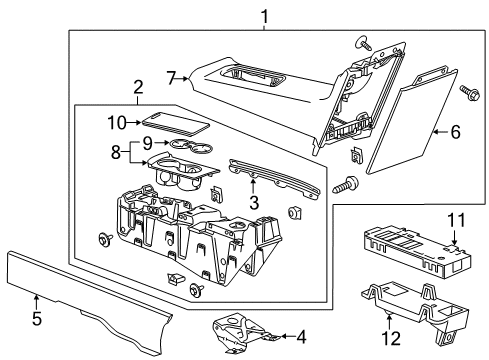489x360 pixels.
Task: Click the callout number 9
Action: (147, 142)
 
